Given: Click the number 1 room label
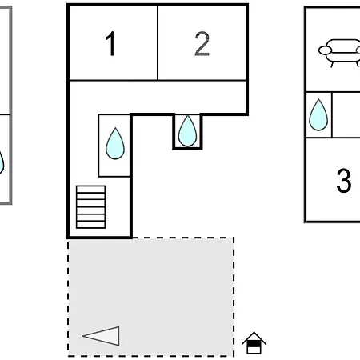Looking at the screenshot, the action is (x=110, y=43).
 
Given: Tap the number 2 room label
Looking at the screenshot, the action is (x=202, y=43).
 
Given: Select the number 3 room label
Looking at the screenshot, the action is (x=344, y=180).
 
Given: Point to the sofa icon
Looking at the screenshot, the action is (x=339, y=53).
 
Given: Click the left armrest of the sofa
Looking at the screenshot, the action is (x=325, y=50).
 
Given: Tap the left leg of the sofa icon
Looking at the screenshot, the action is (x=332, y=64).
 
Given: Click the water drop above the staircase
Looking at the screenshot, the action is (x=115, y=144).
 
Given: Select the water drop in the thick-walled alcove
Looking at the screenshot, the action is (x=187, y=131).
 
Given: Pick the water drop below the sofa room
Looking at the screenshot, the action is (x=318, y=115).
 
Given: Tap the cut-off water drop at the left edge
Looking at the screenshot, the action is (x=2, y=162).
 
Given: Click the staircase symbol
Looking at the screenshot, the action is (x=90, y=207).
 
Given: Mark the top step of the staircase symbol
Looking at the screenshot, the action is (x=90, y=189).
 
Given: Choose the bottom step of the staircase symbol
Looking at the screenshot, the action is (x=90, y=225).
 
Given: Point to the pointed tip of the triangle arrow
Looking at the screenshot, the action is (x=83, y=336).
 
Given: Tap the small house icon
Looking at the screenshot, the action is (x=254, y=343).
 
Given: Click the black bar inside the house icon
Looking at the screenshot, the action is (x=254, y=344).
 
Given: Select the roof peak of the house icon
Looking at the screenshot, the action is (x=254, y=332).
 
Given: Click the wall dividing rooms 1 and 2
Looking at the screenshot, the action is (x=158, y=42).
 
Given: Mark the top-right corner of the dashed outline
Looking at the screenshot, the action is (x=234, y=238).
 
